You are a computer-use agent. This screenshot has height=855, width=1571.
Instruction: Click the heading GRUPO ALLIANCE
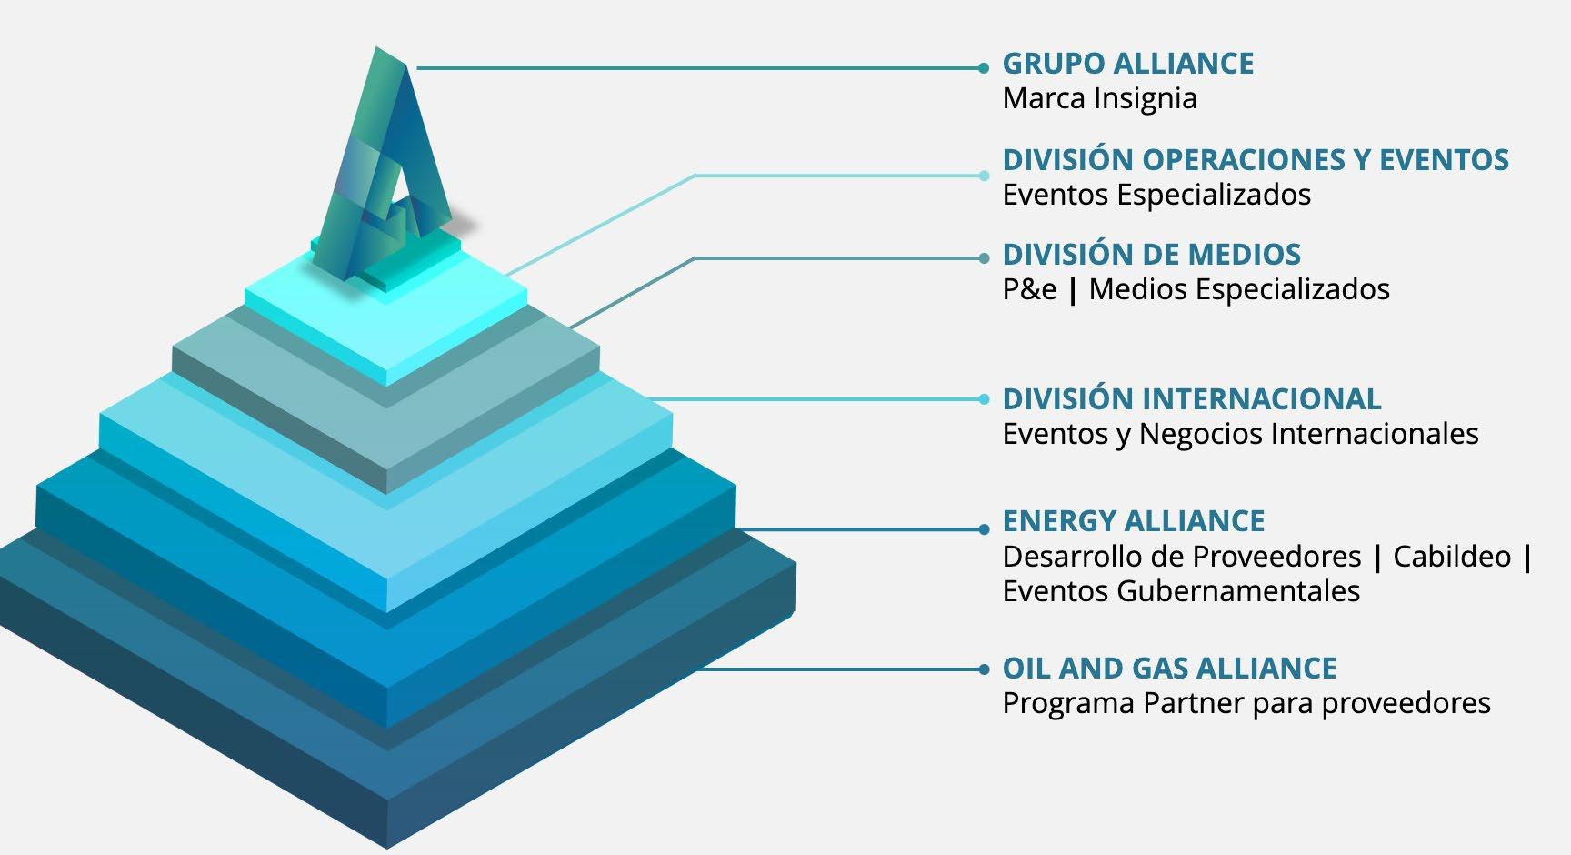[1127, 64]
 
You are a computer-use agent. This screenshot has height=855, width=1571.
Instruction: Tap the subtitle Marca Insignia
[1099, 98]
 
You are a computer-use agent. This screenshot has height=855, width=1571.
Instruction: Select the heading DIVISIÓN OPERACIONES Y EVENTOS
[1255, 160]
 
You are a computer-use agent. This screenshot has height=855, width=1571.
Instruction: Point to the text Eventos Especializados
[1156, 195]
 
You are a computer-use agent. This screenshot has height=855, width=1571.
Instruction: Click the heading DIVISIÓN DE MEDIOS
[1151, 255]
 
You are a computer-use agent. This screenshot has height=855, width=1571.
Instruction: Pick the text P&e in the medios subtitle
[1029, 289]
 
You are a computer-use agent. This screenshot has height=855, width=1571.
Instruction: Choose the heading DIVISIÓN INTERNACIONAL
[1191, 399]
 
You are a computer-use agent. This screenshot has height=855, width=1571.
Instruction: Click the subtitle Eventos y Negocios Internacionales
[1240, 434]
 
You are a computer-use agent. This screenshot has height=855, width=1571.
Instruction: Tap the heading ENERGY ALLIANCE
[1133, 521]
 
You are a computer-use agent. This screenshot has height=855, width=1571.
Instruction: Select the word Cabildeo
[1452, 556]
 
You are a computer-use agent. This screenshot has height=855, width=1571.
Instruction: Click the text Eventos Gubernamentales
[1181, 591]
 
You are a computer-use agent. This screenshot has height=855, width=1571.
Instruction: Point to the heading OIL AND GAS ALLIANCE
[1169, 669]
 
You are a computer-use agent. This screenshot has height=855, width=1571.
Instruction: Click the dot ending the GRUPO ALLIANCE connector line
[984, 68]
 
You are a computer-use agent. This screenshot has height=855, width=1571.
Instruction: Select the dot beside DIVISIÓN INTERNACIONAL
[984, 399]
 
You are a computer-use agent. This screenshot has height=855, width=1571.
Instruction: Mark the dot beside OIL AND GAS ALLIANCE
[984, 669]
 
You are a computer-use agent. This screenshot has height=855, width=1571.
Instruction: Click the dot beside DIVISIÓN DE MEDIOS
[984, 258]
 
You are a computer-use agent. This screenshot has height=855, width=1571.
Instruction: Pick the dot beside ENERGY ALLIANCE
[984, 529]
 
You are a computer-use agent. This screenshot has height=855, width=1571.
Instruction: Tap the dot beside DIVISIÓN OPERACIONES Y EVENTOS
[984, 176]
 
